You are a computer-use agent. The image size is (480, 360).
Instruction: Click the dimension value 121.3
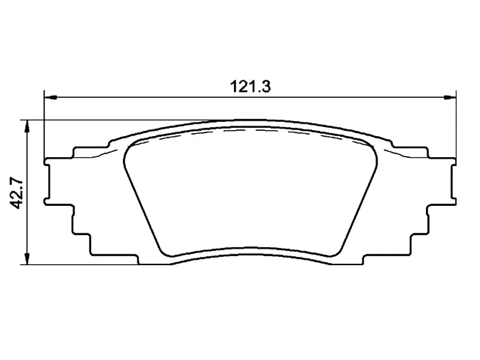[x=251, y=86]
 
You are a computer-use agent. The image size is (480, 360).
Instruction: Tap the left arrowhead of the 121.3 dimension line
[x=50, y=97]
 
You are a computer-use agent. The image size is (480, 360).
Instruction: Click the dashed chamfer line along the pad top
[x=252, y=130]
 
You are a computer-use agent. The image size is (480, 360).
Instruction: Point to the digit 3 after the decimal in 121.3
[x=267, y=86]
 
